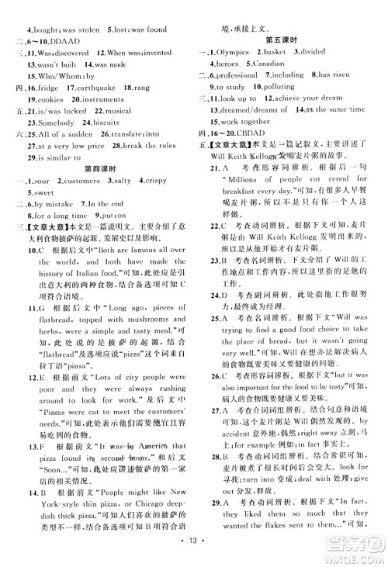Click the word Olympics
coord(242,52)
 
